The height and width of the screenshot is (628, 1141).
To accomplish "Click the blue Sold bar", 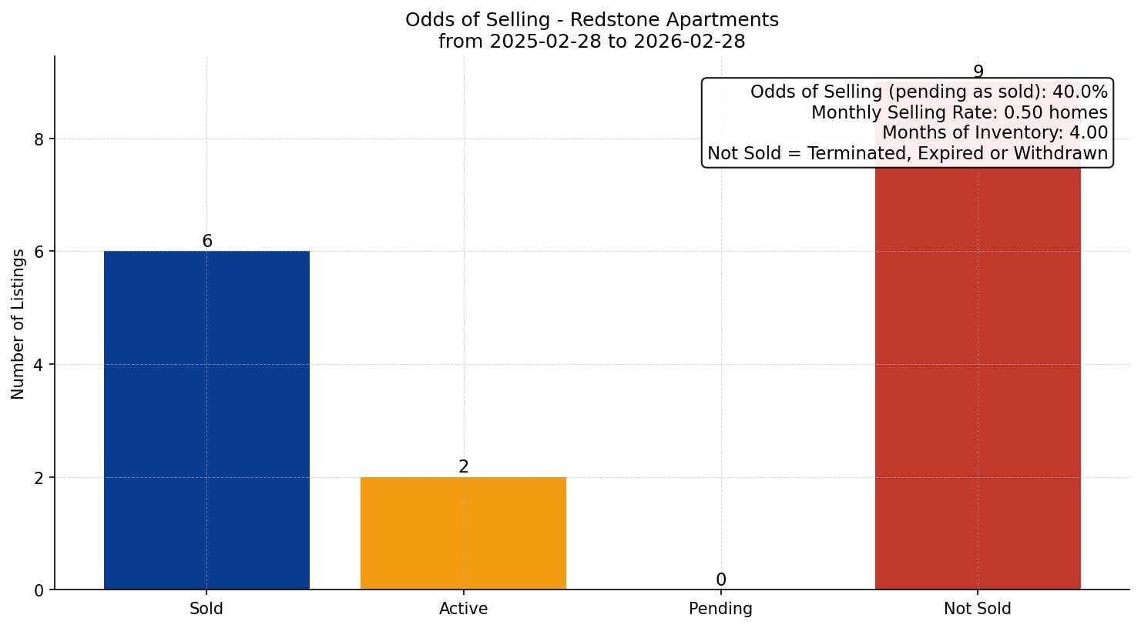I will (206, 419).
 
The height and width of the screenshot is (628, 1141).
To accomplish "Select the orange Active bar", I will (463, 533).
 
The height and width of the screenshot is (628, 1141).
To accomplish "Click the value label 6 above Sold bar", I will (207, 242).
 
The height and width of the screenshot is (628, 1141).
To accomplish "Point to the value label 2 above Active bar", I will (464, 467).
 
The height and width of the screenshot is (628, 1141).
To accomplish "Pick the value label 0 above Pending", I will (720, 580).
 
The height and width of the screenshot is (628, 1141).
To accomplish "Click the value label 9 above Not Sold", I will (978, 72).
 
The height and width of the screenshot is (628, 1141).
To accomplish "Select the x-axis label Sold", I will (206, 609).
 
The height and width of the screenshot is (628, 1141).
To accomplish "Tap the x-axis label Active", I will (463, 609).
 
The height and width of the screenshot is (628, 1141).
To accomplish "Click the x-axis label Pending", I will (720, 609).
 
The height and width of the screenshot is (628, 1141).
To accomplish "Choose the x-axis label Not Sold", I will (977, 609).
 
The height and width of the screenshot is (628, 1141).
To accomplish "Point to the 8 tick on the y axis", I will (40, 139).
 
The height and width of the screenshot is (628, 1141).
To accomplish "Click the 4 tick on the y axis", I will (40, 365).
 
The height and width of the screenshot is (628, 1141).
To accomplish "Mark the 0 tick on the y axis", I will (40, 590).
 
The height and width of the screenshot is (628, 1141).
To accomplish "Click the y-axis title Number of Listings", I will (18, 323).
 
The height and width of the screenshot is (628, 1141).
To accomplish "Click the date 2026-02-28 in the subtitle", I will (689, 42).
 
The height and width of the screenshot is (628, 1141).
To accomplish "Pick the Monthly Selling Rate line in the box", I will (959, 113).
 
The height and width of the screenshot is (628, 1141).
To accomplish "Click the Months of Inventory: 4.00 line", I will (995, 133).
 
